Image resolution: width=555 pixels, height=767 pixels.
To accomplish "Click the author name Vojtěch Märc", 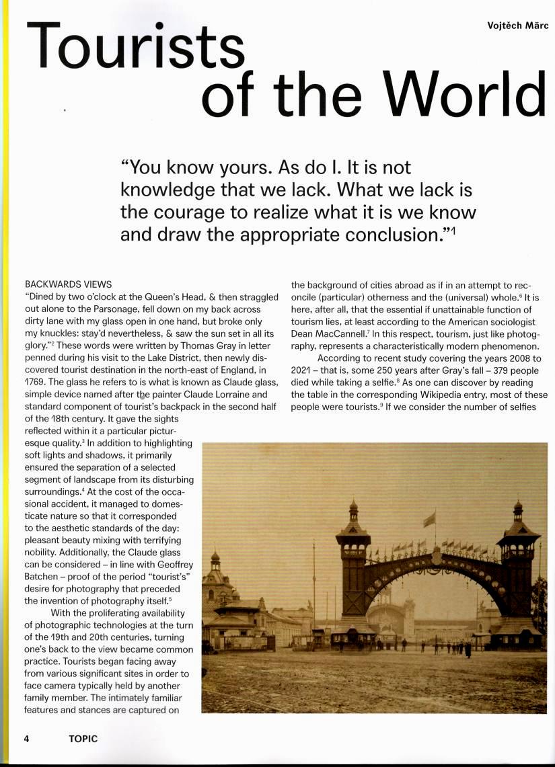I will pos(518,26).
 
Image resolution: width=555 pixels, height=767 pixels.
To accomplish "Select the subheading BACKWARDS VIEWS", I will pos(68,285).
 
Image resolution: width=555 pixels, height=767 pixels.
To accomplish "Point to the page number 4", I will pos(26,738).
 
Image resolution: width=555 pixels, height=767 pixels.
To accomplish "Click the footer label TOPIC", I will pos(83,738).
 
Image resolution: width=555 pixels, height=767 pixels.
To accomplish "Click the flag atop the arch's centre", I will pos(429,519).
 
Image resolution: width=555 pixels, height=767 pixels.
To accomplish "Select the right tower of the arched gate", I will pos(517,571).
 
